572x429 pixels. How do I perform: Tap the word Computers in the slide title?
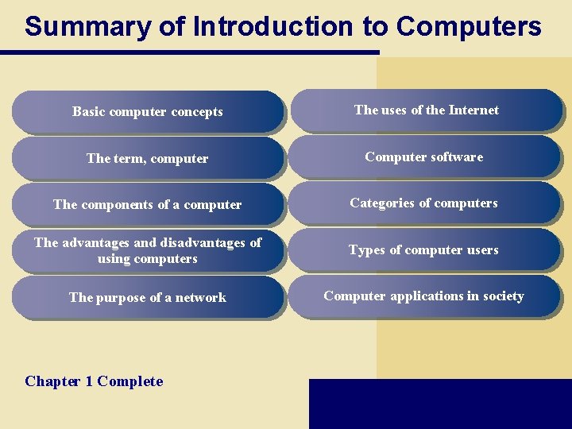[x=469, y=27]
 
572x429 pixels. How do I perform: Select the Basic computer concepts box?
[x=148, y=112]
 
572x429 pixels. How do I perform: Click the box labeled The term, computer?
[x=148, y=158]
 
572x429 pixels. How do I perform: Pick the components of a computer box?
[x=148, y=204]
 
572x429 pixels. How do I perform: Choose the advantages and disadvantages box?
[x=148, y=250]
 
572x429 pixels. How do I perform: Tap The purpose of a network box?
[x=148, y=297]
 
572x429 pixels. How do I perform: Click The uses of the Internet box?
[x=426, y=110]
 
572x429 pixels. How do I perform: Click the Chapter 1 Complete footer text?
[x=94, y=381]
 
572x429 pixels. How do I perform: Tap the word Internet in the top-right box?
[x=473, y=110]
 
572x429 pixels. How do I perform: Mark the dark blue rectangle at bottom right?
[x=440, y=404]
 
